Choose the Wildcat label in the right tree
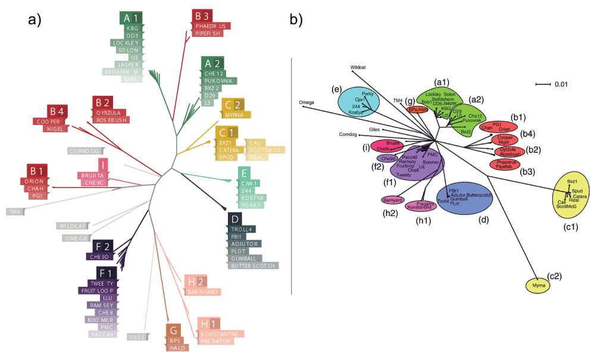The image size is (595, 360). pyautogui.click(x=358, y=67)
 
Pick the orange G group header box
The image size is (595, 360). pyautogui.click(x=174, y=330)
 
